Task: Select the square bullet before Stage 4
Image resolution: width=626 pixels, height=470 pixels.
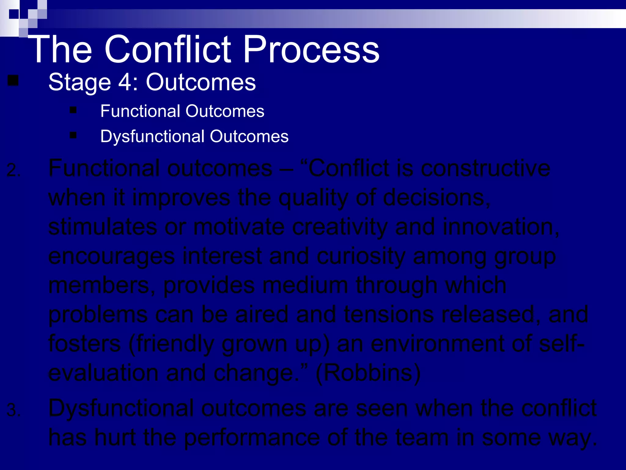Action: tap(13, 81)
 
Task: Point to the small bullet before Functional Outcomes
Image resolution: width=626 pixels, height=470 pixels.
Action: tap(73, 110)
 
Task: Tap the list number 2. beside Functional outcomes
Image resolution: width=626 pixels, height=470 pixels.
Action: tap(13, 170)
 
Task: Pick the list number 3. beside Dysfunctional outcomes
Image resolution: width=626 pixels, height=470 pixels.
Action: tap(13, 410)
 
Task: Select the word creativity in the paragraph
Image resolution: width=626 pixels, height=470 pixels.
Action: tap(340, 227)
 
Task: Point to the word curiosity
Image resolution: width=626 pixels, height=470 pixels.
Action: tap(361, 256)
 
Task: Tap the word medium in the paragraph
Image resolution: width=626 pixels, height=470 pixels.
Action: tap(305, 285)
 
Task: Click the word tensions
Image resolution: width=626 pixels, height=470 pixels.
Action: tap(388, 315)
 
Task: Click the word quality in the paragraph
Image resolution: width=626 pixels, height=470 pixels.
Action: tap(313, 198)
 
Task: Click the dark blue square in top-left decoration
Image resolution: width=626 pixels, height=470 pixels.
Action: tap(14, 14)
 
